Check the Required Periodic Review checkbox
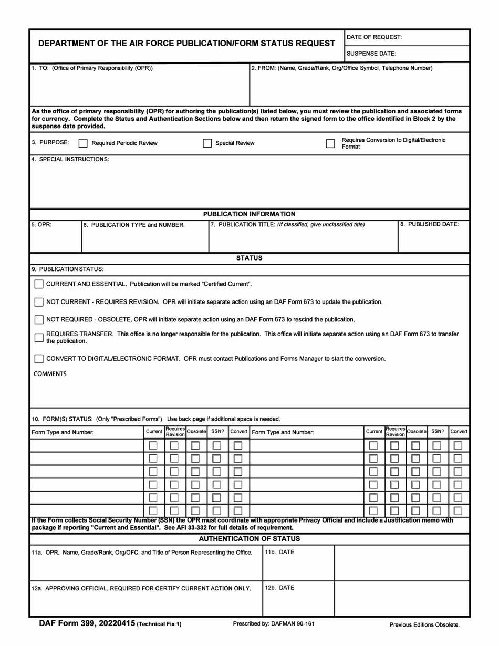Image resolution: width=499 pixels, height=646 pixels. point(83,143)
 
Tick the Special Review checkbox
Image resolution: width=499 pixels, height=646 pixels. point(207,143)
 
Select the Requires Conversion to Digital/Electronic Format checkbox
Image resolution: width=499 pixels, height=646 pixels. point(330,143)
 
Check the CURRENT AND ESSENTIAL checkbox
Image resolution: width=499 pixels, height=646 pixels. point(39,284)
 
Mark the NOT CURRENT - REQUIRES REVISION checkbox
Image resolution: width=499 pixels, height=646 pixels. point(39,302)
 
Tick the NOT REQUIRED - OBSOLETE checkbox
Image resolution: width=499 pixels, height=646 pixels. point(39,319)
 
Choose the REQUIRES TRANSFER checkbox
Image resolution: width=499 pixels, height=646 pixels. point(39,337)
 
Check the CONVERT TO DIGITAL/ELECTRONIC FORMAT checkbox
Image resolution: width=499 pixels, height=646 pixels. point(39,359)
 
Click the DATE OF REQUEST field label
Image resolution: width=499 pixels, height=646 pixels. point(374,37)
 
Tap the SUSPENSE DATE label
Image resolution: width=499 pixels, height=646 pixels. point(371,54)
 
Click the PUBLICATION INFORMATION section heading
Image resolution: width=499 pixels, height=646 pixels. point(249,214)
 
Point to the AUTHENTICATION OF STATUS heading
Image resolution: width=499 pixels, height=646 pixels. point(249,539)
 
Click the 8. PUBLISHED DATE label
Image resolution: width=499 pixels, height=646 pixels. point(429,224)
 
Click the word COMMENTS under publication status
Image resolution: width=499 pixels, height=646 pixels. point(50,374)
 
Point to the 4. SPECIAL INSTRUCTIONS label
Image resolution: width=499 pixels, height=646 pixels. point(70,159)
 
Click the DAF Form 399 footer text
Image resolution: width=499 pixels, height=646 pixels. point(87,624)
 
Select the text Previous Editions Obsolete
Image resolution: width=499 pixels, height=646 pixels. point(424,624)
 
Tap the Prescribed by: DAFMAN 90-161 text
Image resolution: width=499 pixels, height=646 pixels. point(273,624)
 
